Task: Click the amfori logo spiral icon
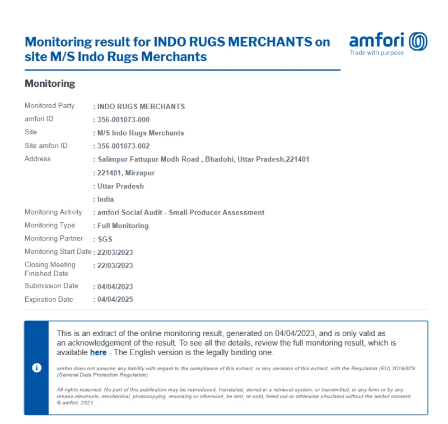click(418, 41)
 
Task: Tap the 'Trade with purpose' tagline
click(376, 53)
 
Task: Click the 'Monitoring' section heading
click(50, 83)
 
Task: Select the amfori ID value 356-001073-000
click(123, 120)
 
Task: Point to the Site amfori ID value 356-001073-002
click(123, 146)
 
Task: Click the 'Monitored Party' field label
click(49, 106)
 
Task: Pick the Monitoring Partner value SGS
click(105, 239)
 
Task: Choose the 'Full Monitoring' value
click(123, 226)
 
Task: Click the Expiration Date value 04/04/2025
click(115, 300)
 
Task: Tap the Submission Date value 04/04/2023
click(115, 287)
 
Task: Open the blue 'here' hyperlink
click(98, 353)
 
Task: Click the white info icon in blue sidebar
click(36, 368)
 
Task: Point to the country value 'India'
click(105, 199)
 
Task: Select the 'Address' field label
click(38, 159)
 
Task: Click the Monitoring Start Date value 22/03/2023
click(115, 253)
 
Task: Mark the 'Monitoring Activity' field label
click(53, 212)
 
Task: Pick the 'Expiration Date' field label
click(49, 300)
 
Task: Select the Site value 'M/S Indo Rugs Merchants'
click(140, 133)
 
